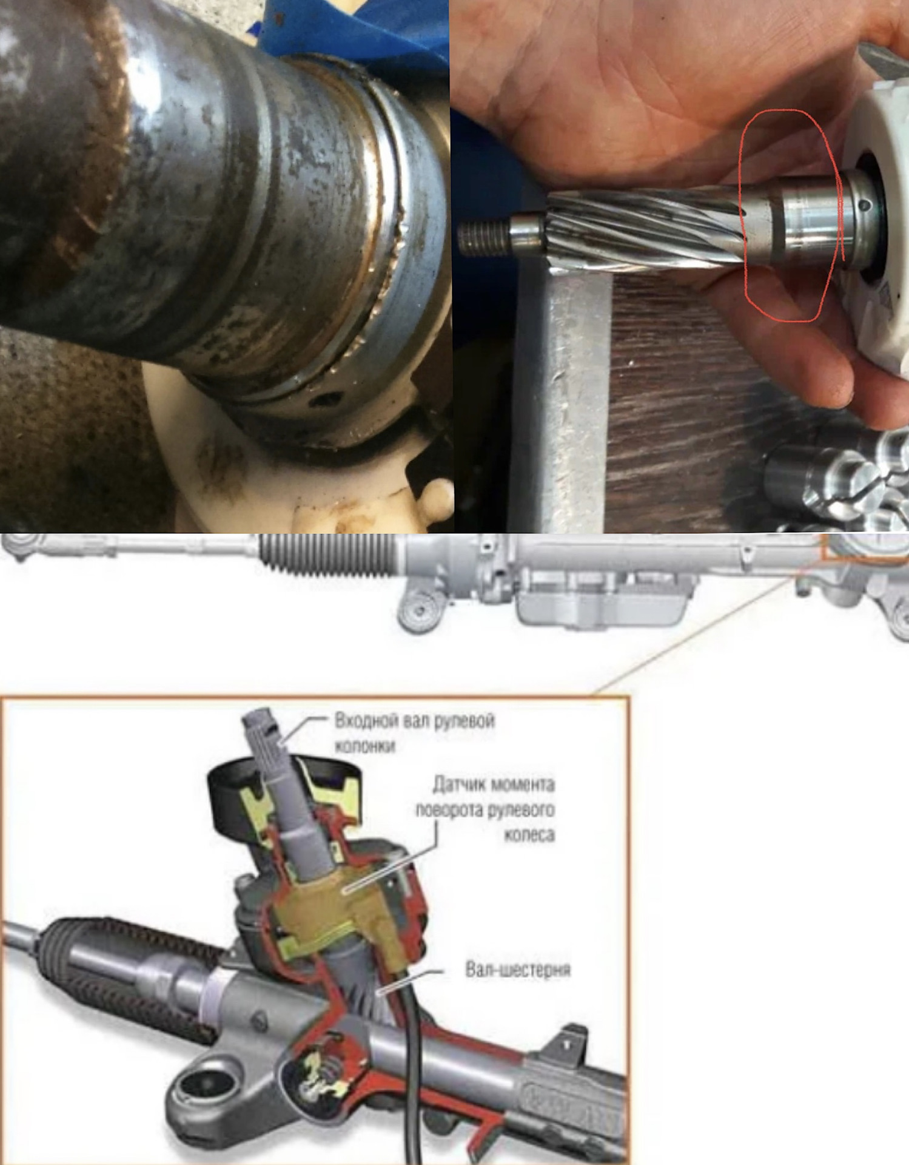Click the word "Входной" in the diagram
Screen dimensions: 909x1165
(362, 721)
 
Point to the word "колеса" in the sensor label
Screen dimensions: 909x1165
(529, 836)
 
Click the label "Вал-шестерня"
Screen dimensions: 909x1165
(518, 970)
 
